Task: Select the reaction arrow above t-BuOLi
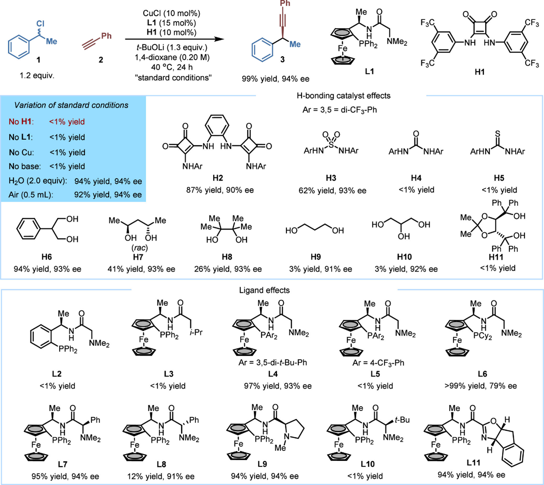point(174,39)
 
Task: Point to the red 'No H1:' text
point(21,122)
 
